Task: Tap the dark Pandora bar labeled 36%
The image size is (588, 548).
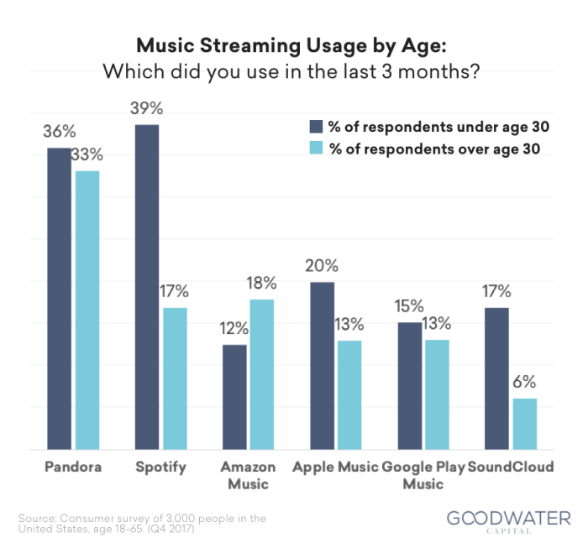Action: pos(60,299)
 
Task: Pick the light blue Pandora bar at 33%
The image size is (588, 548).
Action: pos(87,311)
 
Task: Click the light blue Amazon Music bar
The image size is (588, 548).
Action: pos(261,374)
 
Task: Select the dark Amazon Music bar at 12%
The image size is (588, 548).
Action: pos(234,397)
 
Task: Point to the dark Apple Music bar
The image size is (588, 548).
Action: pos(323,366)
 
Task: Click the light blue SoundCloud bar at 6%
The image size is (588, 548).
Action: pos(524,424)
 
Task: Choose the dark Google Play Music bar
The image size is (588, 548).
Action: pos(410,386)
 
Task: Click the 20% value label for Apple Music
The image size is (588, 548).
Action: pos(323,267)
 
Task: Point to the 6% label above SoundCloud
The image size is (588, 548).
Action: pos(524,383)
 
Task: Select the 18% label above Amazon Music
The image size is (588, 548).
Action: pos(261,284)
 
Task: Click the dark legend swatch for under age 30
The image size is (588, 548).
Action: pos(316,127)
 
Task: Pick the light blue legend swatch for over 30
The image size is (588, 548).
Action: pos(316,149)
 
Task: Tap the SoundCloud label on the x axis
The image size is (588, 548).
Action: pos(512,467)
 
